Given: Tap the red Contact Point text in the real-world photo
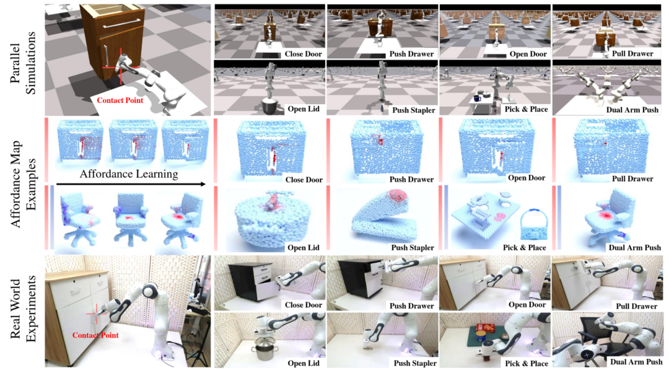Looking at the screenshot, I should click(95, 335).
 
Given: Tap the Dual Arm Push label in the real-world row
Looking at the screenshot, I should click(636, 363).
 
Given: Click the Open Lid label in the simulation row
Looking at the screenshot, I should click(304, 110).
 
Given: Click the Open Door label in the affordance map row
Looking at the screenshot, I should click(525, 178).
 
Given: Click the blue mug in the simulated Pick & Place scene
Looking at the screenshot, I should click(478, 98).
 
